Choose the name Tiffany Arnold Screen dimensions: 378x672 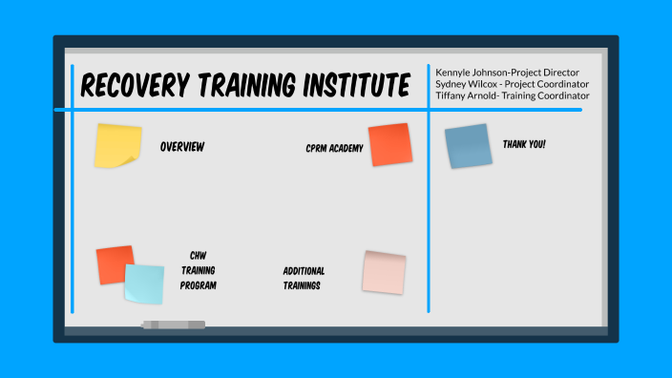[467, 95]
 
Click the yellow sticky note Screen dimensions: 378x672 [117, 146]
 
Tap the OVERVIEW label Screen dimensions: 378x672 [182, 147]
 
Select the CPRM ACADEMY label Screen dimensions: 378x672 [334, 148]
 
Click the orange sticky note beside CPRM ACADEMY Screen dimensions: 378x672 [389, 144]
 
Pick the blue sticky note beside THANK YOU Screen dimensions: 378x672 [468, 146]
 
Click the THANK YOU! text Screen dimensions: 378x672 [524, 144]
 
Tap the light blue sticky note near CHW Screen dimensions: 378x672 [144, 283]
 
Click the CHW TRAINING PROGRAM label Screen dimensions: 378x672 [199, 270]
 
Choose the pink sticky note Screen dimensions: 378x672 [384, 272]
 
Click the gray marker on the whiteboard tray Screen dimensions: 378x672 [173, 325]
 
